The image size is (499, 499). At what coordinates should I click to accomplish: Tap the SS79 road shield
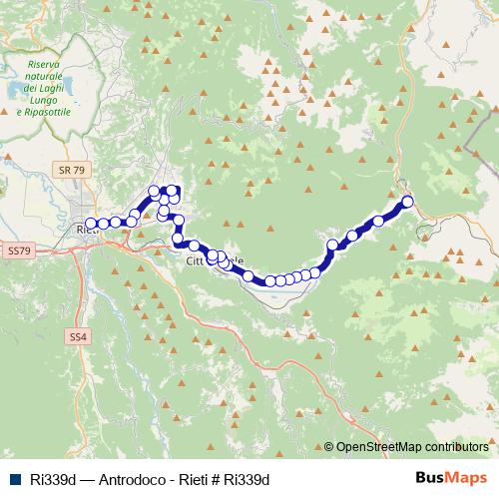pyautogui.click(x=19, y=249)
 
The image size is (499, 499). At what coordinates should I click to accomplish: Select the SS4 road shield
pyautogui.click(x=79, y=338)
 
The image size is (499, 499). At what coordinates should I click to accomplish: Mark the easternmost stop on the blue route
pyautogui.click(x=407, y=203)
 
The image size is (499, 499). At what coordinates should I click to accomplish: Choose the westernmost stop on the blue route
pyautogui.click(x=91, y=224)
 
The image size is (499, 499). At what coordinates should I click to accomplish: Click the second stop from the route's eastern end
pyautogui.click(x=379, y=221)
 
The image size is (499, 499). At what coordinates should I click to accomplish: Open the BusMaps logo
pyautogui.click(x=451, y=479)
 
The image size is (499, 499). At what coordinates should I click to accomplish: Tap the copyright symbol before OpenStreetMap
pyautogui.click(x=328, y=447)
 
